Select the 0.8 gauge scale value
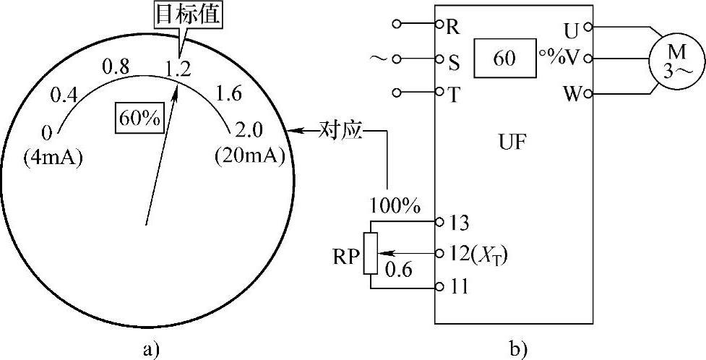tap(117, 67)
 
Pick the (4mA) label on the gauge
tap(53, 155)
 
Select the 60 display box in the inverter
tap(505, 58)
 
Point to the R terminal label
tap(453, 28)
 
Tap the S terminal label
tap(454, 61)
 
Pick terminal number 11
tap(457, 287)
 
